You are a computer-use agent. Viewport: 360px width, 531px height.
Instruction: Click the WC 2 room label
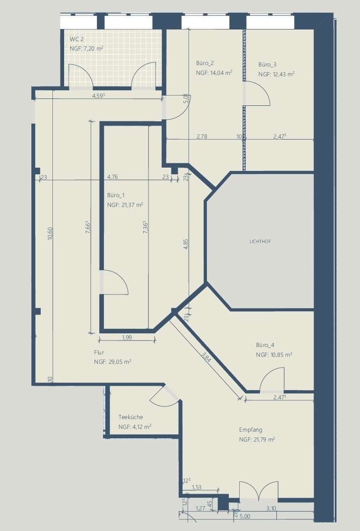pyautogui.click(x=76, y=39)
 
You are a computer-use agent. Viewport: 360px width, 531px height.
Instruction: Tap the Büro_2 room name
pyautogui.click(x=205, y=63)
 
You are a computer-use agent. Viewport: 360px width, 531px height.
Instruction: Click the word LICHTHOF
pyautogui.click(x=260, y=242)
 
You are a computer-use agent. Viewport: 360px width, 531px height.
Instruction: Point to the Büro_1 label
pyautogui.click(x=116, y=195)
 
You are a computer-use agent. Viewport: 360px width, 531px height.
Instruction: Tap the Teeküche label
pyautogui.click(x=131, y=417)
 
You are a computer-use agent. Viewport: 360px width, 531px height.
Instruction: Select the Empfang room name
pyautogui.click(x=250, y=430)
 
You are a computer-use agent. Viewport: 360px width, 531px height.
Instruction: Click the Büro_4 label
pyautogui.click(x=265, y=345)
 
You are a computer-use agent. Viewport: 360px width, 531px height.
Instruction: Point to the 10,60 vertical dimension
pyautogui.click(x=50, y=233)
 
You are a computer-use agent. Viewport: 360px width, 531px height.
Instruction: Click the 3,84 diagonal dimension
pyautogui.click(x=206, y=357)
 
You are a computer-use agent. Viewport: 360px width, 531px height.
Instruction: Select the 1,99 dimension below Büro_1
pyautogui.click(x=127, y=337)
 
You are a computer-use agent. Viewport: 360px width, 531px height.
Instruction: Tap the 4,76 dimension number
pyautogui.click(x=112, y=177)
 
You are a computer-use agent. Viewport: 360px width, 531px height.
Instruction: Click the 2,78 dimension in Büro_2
pyautogui.click(x=202, y=136)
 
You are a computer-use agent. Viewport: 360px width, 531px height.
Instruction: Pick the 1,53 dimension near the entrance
pyautogui.click(x=197, y=487)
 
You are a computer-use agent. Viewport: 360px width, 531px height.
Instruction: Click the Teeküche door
pyautogui.click(x=164, y=397)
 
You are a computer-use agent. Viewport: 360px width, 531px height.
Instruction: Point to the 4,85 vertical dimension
pyautogui.click(x=185, y=244)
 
